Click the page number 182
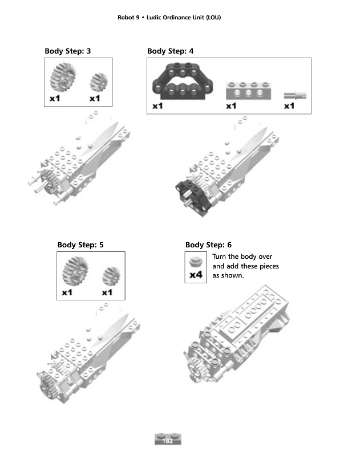[168, 441]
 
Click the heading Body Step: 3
[67, 51]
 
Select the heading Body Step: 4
[170, 51]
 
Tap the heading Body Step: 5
[80, 245]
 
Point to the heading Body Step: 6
[208, 245]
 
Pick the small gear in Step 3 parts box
[99, 82]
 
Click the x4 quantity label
[196, 275]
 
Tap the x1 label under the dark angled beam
[158, 106]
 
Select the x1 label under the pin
[289, 106]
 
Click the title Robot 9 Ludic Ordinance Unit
[169, 17]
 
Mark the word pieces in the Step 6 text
[266, 266]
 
